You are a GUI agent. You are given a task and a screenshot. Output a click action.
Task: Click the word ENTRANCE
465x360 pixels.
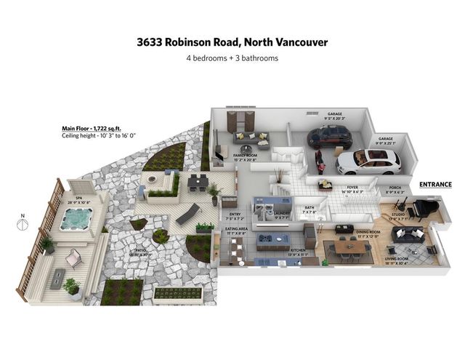[x=435, y=185]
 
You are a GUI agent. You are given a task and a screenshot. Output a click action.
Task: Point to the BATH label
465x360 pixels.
[x=310, y=210]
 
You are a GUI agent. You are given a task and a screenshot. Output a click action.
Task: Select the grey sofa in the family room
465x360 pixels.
[x=251, y=138]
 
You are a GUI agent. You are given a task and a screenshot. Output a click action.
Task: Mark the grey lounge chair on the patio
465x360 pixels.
[x=187, y=214]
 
